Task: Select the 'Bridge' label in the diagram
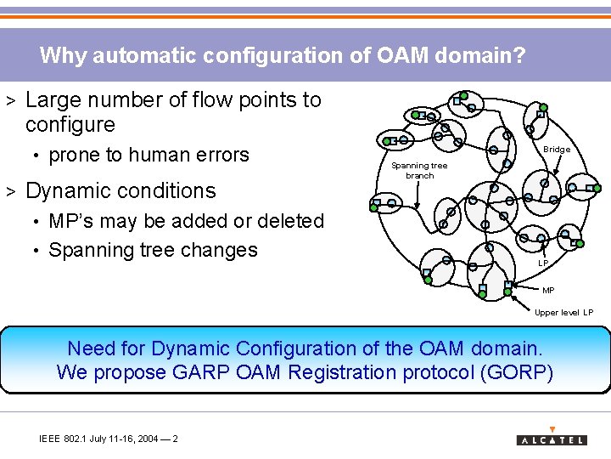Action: tap(557, 150)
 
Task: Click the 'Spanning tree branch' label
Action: tap(419, 170)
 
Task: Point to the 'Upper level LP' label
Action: tap(563, 312)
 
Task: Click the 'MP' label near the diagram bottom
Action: tap(548, 290)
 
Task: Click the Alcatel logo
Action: tap(552, 438)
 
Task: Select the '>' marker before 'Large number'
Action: tap(12, 100)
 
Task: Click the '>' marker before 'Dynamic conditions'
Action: tap(12, 190)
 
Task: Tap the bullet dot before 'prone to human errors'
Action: tap(37, 156)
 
